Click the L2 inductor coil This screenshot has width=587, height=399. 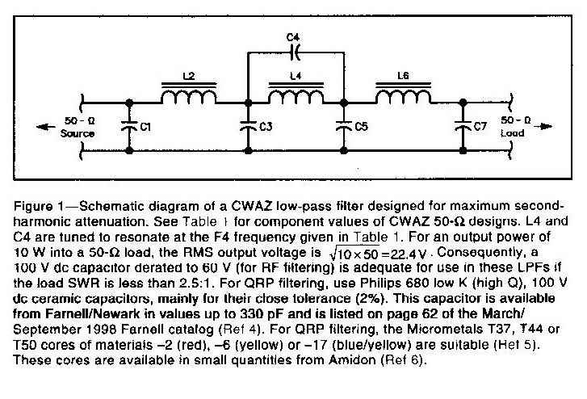[x=189, y=98]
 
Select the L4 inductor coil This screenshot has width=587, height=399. [x=295, y=98]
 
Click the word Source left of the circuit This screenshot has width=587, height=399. [x=78, y=133]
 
